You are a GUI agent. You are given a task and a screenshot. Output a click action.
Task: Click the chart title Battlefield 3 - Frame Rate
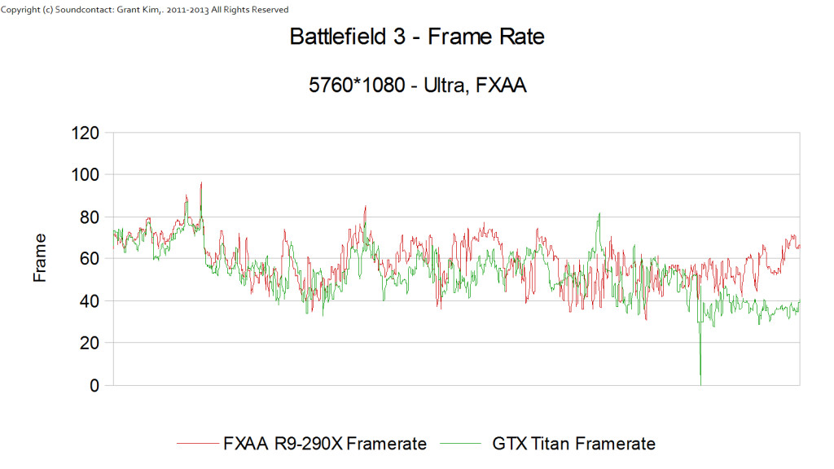tap(416, 37)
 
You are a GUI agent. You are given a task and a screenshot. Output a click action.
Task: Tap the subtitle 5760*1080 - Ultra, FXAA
tap(416, 85)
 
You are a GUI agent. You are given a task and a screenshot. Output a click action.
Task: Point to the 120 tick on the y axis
tap(85, 133)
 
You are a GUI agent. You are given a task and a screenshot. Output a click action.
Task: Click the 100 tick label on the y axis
tap(85, 175)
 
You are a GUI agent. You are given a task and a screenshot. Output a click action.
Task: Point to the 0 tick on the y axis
tap(94, 386)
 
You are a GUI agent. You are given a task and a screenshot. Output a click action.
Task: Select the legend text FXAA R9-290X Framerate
tap(324, 444)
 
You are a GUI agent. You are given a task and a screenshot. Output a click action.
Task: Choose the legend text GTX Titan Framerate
tap(573, 444)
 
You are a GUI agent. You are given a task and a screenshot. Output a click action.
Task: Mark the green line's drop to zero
tap(700, 384)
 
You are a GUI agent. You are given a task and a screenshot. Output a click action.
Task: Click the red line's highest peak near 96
tap(201, 184)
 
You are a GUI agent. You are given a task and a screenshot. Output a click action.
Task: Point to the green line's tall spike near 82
tap(599, 214)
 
